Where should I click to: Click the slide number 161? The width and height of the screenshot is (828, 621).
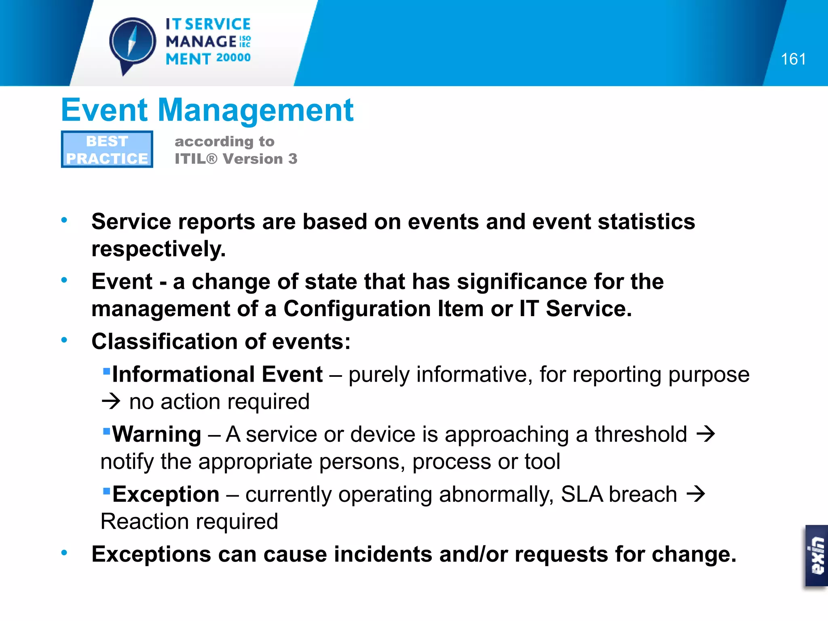tap(793, 59)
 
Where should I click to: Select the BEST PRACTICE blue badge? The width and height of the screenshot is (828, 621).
tap(107, 149)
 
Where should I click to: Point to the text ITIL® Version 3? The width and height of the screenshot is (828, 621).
tap(236, 159)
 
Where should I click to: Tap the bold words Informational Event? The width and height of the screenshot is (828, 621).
tap(217, 374)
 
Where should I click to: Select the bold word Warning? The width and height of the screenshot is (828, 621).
tap(156, 434)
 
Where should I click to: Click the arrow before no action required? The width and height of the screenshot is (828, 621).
tap(111, 401)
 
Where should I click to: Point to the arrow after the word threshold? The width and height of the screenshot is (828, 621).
tap(706, 434)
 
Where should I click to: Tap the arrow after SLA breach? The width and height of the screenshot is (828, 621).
tap(696, 494)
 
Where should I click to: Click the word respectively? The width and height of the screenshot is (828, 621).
tap(158, 249)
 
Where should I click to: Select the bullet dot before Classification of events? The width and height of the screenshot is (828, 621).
tap(64, 340)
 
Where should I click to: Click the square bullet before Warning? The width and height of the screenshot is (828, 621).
tap(107, 431)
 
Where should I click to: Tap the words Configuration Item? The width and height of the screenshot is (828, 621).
tap(383, 309)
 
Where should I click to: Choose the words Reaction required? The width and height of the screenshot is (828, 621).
tap(189, 522)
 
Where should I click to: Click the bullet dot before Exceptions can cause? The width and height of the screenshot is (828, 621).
tap(64, 553)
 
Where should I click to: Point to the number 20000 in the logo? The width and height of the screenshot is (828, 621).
tap(233, 58)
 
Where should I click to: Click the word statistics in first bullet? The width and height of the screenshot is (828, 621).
tap(646, 222)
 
